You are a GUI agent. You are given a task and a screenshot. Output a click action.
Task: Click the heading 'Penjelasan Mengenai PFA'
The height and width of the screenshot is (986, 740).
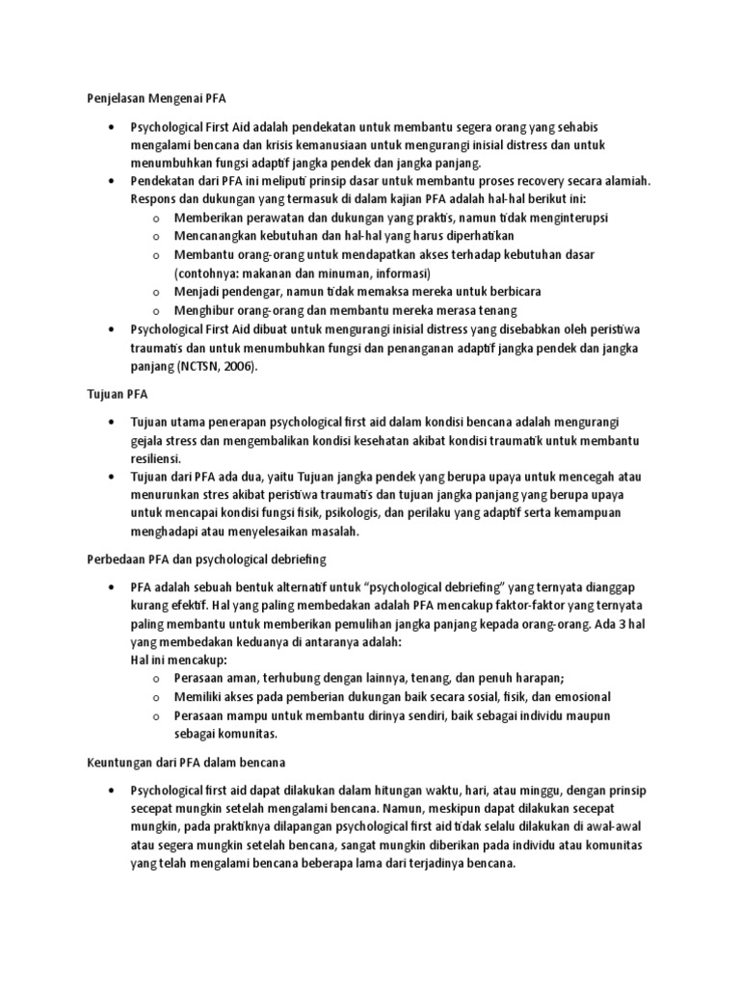[150, 98]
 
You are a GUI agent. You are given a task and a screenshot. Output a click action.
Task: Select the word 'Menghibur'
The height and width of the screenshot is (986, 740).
[205, 310]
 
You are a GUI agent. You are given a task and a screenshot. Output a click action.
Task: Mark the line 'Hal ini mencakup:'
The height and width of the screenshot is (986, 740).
[178, 661]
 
